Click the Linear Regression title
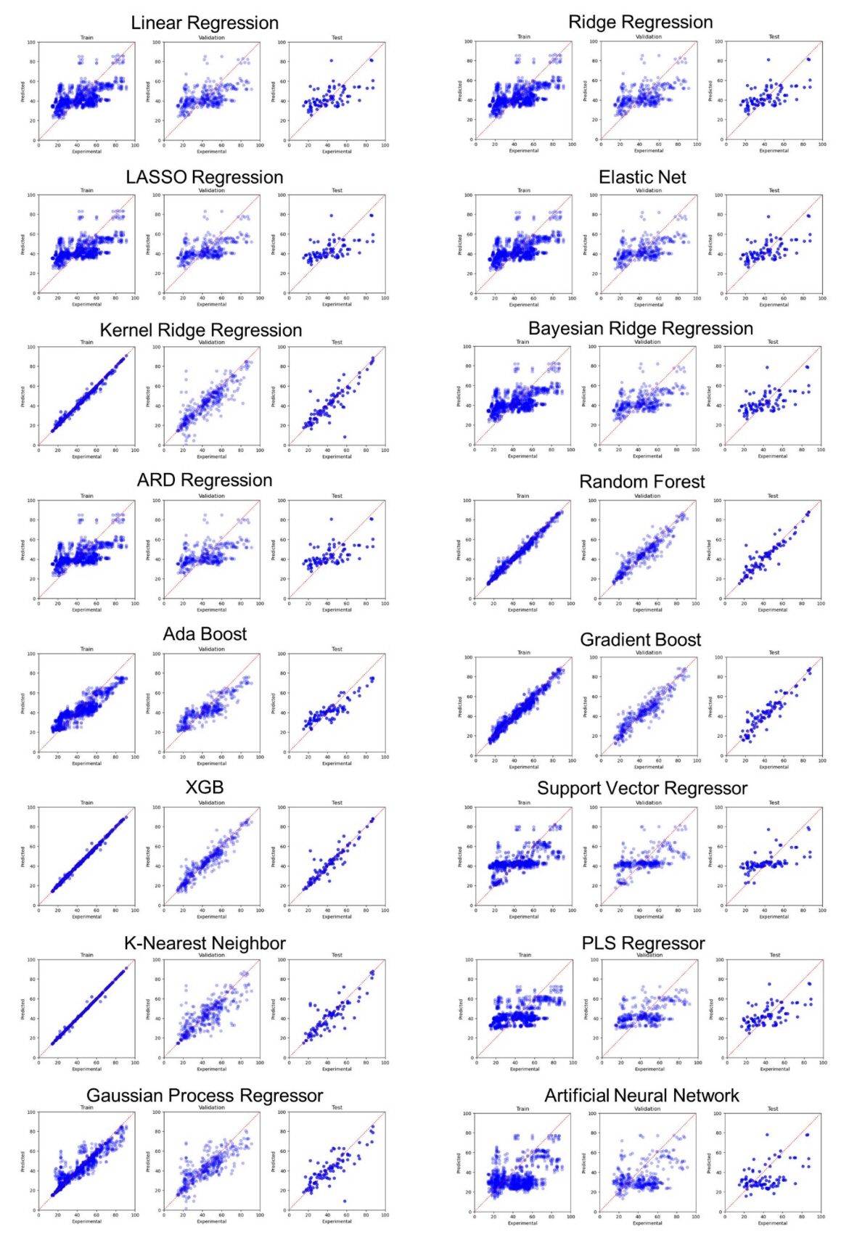pos(205,23)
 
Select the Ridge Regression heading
pos(641,22)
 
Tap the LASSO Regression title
pos(205,177)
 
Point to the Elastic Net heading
pos(642,177)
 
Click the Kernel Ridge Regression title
pos(201,330)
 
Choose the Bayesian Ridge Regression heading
pos(641,329)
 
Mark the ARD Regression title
pos(205,480)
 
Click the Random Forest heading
pos(642,482)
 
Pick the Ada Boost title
pos(205,634)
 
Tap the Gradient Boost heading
pos(641,639)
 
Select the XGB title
pos(205,787)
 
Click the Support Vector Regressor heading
pos(642,789)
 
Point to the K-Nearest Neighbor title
pos(205,943)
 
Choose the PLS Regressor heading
pos(643,943)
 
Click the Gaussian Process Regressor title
pos(205,1096)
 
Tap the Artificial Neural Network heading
pos(642,1096)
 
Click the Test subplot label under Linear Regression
pos(337,38)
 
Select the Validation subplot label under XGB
pos(212,802)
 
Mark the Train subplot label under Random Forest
pos(522,496)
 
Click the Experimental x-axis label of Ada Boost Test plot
pos(337,763)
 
